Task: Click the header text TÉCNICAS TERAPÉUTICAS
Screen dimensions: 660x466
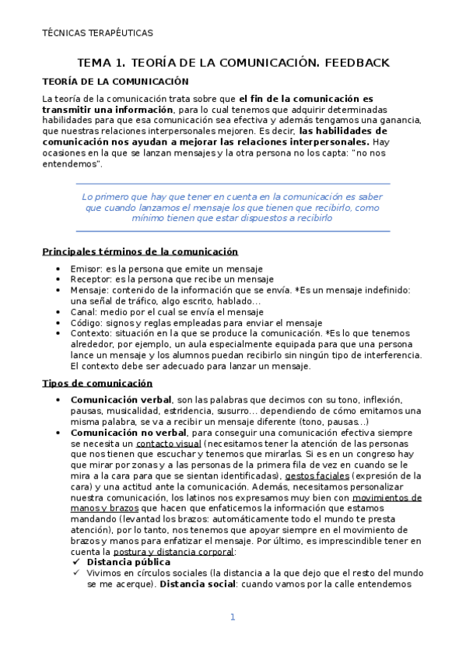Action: click(x=97, y=33)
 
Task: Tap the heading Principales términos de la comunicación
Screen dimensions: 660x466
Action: click(x=140, y=251)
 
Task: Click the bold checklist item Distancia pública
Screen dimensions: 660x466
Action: click(x=128, y=561)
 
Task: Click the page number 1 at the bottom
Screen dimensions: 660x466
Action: click(x=232, y=617)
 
